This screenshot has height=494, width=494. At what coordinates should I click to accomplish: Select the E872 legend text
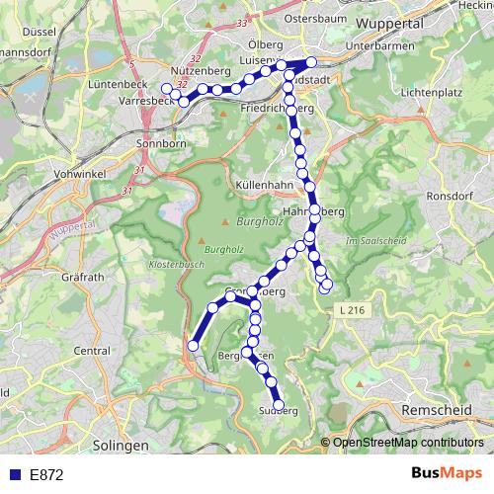(x=46, y=474)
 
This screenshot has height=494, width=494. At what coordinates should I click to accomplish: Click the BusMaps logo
(x=447, y=473)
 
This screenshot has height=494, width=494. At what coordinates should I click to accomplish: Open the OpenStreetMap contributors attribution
(x=407, y=443)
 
